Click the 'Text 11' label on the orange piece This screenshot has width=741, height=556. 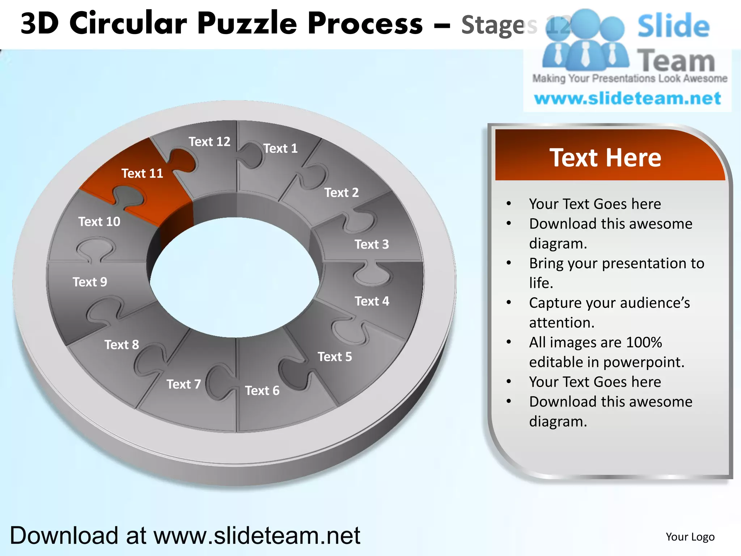pyautogui.click(x=142, y=173)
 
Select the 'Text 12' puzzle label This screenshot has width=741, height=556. pyautogui.click(x=209, y=142)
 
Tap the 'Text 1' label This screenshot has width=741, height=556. pyautogui.click(x=280, y=148)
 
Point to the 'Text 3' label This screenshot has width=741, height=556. pyautogui.click(x=372, y=244)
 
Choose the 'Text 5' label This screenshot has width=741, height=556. pyautogui.click(x=335, y=357)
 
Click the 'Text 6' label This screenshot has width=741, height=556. pyautogui.click(x=262, y=391)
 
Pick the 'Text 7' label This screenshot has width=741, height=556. pyautogui.click(x=183, y=384)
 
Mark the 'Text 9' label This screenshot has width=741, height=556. pyautogui.click(x=90, y=282)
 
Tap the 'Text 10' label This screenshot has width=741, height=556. pyautogui.click(x=99, y=222)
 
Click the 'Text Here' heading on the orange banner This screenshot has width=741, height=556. pyautogui.click(x=605, y=158)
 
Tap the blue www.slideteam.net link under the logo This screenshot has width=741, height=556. pyautogui.click(x=627, y=98)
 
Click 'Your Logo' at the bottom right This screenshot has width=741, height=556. pyautogui.click(x=690, y=537)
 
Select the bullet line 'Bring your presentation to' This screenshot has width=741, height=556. pyautogui.click(x=617, y=263)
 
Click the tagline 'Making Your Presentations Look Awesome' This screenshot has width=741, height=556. pyautogui.click(x=630, y=78)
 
